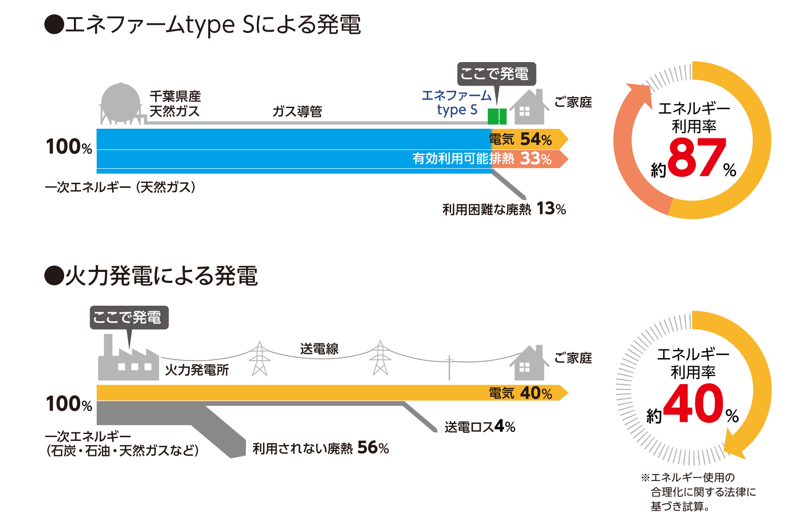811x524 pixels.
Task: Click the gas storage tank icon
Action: pyautogui.click(x=120, y=103)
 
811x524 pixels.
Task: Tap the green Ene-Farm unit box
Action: pyautogui.click(x=497, y=116)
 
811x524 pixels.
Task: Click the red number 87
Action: pyautogui.click(x=697, y=158)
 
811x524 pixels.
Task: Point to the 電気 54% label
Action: pyautogui.click(x=520, y=139)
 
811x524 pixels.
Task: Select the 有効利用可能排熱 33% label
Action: pyautogui.click(x=482, y=159)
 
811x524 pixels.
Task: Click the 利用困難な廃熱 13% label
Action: pyautogui.click(x=504, y=209)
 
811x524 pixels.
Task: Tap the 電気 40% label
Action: pyautogui.click(x=520, y=393)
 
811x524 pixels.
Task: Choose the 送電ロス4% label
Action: pyautogui.click(x=480, y=426)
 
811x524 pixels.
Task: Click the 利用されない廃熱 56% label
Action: pyautogui.click(x=321, y=448)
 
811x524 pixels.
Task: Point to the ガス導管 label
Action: pyautogui.click(x=297, y=111)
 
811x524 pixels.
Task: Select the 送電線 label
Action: pyautogui.click(x=319, y=349)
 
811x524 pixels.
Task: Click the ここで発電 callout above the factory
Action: pyautogui.click(x=129, y=318)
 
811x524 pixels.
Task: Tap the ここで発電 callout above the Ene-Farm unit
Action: pyautogui.click(x=496, y=74)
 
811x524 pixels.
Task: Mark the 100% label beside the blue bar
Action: pyautogui.click(x=69, y=147)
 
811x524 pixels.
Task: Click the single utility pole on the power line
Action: pyautogui.click(x=449, y=367)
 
